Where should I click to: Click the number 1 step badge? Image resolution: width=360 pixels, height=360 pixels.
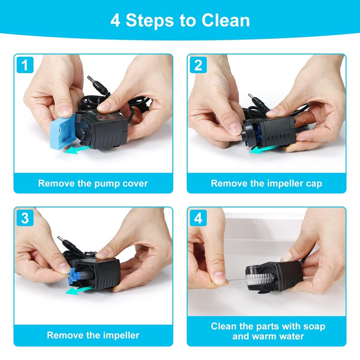(x=25, y=65)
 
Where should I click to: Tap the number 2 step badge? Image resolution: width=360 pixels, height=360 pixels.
(x=198, y=65)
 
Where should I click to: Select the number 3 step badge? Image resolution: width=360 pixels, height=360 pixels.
(x=25, y=218)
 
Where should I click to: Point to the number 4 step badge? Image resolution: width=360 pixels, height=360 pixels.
(x=198, y=218)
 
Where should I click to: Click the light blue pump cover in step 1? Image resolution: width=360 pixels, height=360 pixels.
(x=63, y=131)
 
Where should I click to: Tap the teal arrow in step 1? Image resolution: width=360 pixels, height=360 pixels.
(x=76, y=150)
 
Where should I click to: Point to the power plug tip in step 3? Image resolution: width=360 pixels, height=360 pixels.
(x=60, y=238)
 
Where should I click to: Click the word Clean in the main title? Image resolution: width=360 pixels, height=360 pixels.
(x=226, y=20)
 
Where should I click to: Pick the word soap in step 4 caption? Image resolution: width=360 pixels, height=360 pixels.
(x=314, y=327)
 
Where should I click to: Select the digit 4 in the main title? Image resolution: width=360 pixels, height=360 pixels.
(x=115, y=21)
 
